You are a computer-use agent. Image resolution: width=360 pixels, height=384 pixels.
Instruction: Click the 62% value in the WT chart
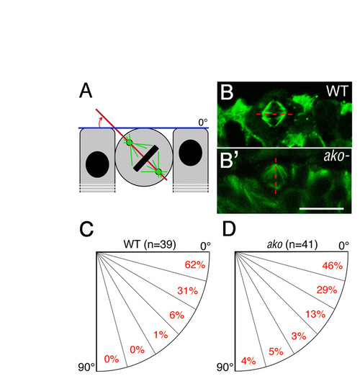tap(195, 265)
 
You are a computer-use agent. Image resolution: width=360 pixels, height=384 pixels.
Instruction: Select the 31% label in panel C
tap(188, 291)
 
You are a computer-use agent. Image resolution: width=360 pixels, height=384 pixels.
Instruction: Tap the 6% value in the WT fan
tap(176, 315)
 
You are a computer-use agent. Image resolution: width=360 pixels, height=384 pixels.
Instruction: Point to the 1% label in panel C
tap(161, 334)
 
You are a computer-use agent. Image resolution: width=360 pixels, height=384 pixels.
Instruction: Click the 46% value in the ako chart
tap(333, 266)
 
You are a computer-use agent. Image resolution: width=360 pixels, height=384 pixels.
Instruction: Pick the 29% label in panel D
tap(327, 290)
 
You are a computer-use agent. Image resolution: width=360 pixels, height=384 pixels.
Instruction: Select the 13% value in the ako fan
tap(315, 314)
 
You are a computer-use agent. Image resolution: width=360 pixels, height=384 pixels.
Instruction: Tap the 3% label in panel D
tap(299, 336)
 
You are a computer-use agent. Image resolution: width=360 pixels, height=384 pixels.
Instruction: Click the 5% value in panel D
tap(276, 352)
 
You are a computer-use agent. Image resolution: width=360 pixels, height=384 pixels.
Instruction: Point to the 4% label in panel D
tap(248, 361)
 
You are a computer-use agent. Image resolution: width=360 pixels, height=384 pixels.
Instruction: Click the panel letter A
tap(86, 91)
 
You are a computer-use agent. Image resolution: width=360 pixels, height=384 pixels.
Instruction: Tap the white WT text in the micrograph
tap(337, 91)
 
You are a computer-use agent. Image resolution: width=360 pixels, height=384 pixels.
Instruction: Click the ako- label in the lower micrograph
tap(336, 156)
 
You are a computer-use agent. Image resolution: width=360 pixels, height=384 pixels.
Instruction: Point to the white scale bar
tap(321, 209)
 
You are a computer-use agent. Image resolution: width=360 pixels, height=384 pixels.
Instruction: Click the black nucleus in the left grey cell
tap(97, 164)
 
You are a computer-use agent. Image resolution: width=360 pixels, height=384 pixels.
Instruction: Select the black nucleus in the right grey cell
tap(190, 153)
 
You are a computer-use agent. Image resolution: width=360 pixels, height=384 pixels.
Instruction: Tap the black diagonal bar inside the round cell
tap(146, 158)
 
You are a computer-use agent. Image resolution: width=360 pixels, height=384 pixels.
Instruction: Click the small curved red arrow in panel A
tap(99, 122)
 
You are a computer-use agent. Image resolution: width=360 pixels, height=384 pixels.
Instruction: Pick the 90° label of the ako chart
tap(225, 367)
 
